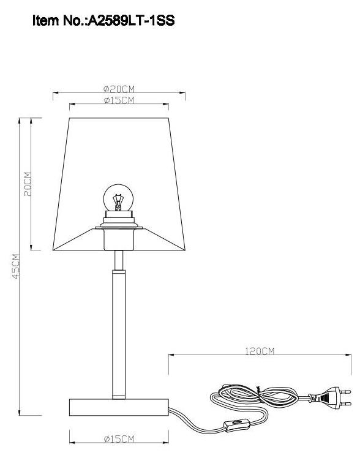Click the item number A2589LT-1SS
pyautogui.click(x=132, y=22)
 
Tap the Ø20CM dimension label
pyautogui.click(x=119, y=89)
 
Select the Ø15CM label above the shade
pyautogui.click(x=119, y=100)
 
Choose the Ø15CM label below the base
pyautogui.click(x=119, y=439)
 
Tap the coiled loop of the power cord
pyautogui.click(x=251, y=398)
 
